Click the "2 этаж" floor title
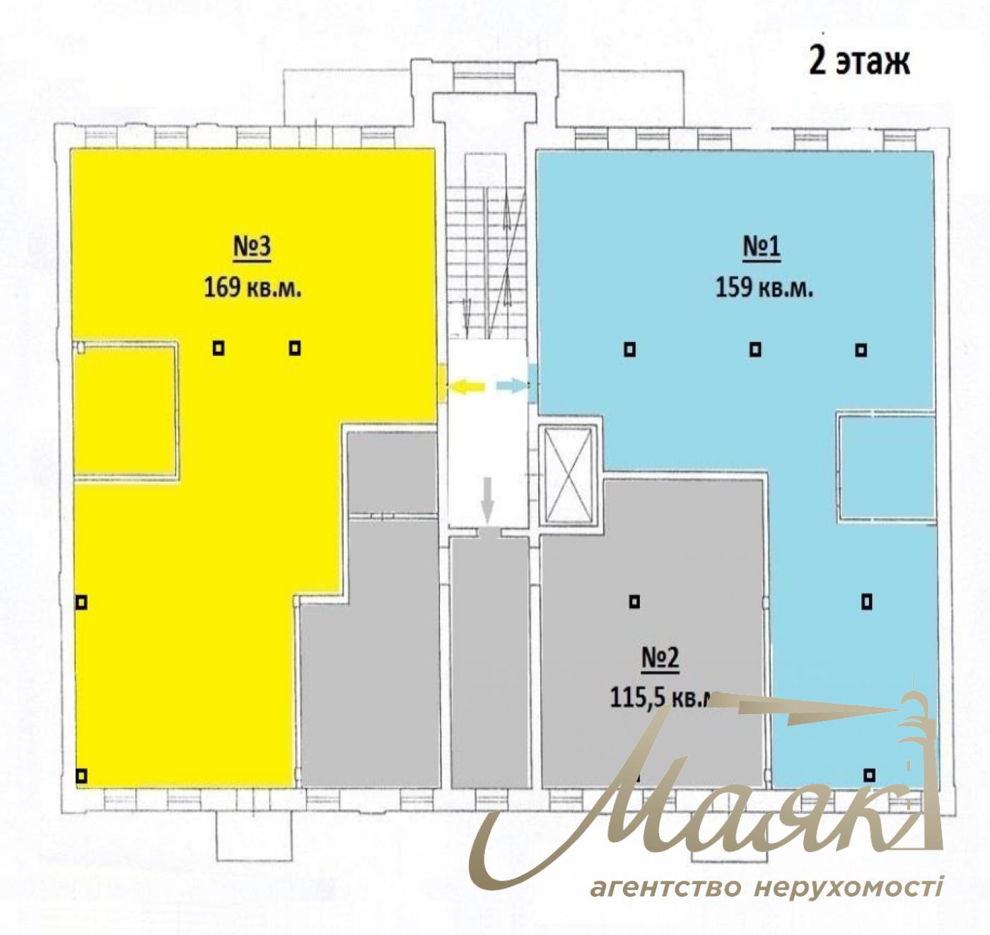pyautogui.click(x=858, y=64)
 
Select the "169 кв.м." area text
pyautogui.click(x=252, y=288)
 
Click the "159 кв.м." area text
pyautogui.click(x=764, y=288)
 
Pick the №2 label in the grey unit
pyautogui.click(x=660, y=658)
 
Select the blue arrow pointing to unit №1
pyautogui.click(x=512, y=385)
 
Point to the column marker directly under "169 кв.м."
pyautogui.click(x=219, y=348)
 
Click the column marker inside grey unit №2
pyautogui.click(x=634, y=602)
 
